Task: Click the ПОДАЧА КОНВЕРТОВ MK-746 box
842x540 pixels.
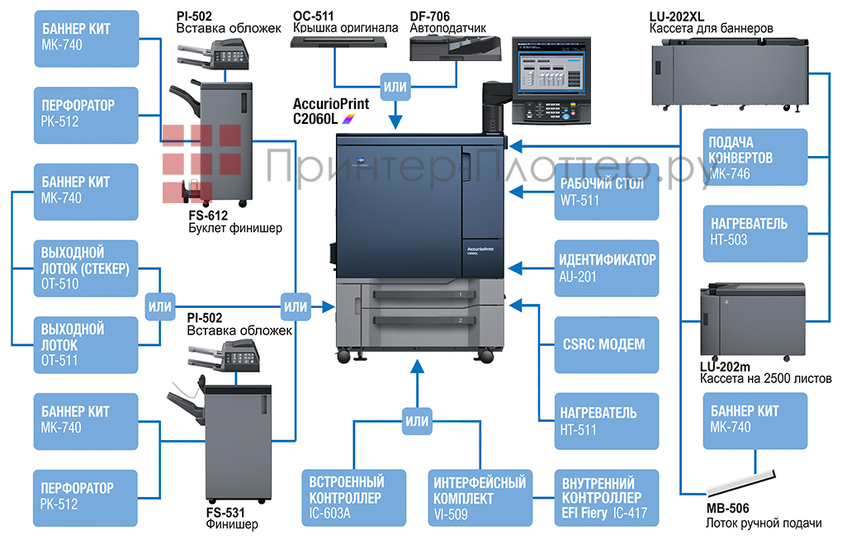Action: point(754,157)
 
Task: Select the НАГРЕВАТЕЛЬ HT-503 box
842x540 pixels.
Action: point(754,232)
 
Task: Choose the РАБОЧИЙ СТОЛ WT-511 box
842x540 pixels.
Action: point(607,192)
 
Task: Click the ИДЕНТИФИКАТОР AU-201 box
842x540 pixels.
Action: point(607,268)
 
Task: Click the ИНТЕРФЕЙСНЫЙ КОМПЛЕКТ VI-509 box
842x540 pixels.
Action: point(478,498)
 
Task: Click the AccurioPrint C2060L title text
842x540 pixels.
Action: point(330,111)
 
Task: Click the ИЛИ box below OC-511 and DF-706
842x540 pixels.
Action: point(394,85)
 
